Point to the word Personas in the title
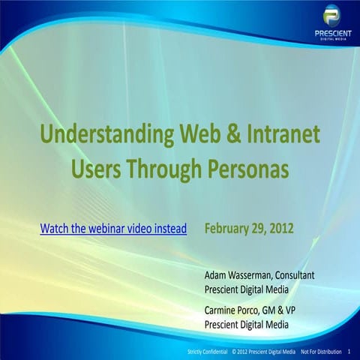(x=247, y=169)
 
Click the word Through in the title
(x=164, y=169)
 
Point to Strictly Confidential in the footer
(x=206, y=351)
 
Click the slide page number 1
(x=350, y=351)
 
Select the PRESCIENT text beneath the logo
(x=331, y=36)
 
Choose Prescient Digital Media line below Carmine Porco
(x=246, y=325)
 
